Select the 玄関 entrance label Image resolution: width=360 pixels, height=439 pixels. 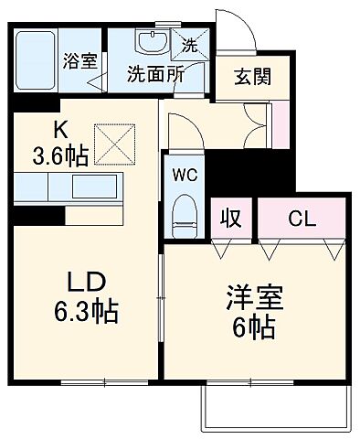point(253,78)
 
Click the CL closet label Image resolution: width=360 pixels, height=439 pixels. point(302,219)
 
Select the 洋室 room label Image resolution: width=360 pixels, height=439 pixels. point(255,299)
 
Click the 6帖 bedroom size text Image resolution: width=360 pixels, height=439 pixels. point(255,328)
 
